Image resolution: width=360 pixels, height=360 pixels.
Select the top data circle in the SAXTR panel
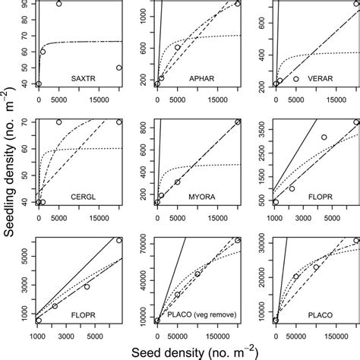58,4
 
